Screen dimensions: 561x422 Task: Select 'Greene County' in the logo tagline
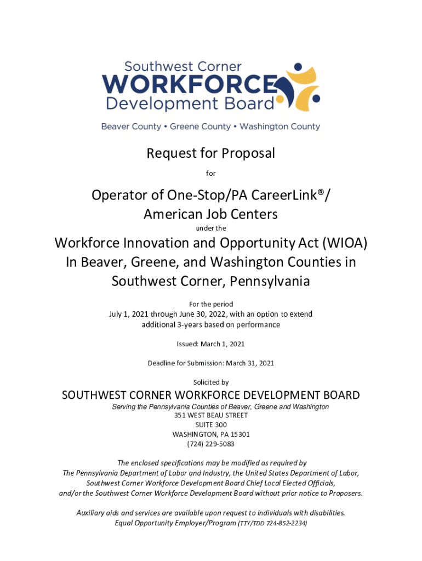pyautogui.click(x=200, y=127)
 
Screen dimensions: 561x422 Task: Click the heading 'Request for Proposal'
pyautogui.click(x=210, y=154)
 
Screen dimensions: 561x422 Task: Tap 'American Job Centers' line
pyautogui.click(x=210, y=214)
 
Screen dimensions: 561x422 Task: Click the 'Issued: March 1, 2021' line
pyautogui.click(x=210, y=344)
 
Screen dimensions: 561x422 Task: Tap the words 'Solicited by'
pyautogui.click(x=211, y=382)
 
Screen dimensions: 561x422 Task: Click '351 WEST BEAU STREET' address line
pyautogui.click(x=210, y=416)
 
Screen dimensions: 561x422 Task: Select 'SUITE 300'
pyautogui.click(x=211, y=425)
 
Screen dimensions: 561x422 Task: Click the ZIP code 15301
pyautogui.click(x=239, y=434)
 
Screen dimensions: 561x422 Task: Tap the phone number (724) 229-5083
pyautogui.click(x=211, y=444)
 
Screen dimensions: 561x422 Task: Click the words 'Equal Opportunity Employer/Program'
pyautogui.click(x=175, y=523)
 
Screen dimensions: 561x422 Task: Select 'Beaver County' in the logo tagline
pyautogui.click(x=131, y=127)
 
